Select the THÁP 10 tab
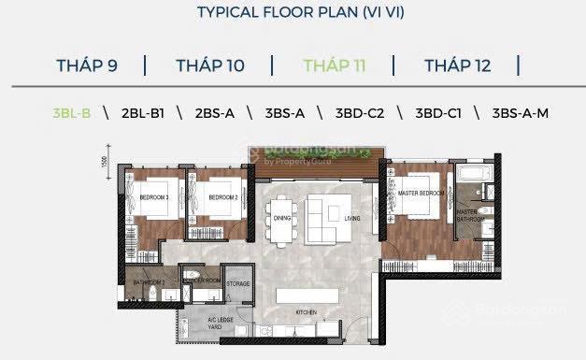pyautogui.click(x=209, y=65)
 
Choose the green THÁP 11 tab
pyautogui.click(x=334, y=65)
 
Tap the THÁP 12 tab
pyautogui.click(x=458, y=65)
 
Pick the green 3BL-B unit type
pyautogui.click(x=72, y=113)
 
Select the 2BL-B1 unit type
pyautogui.click(x=143, y=113)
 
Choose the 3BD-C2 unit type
pyautogui.click(x=360, y=113)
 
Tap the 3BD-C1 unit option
pyautogui.click(x=437, y=113)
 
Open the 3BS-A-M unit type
pyautogui.click(x=521, y=113)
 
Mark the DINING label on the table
pyautogui.click(x=283, y=221)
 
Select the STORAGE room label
pyautogui.click(x=237, y=282)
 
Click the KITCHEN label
pyautogui.click(x=306, y=312)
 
